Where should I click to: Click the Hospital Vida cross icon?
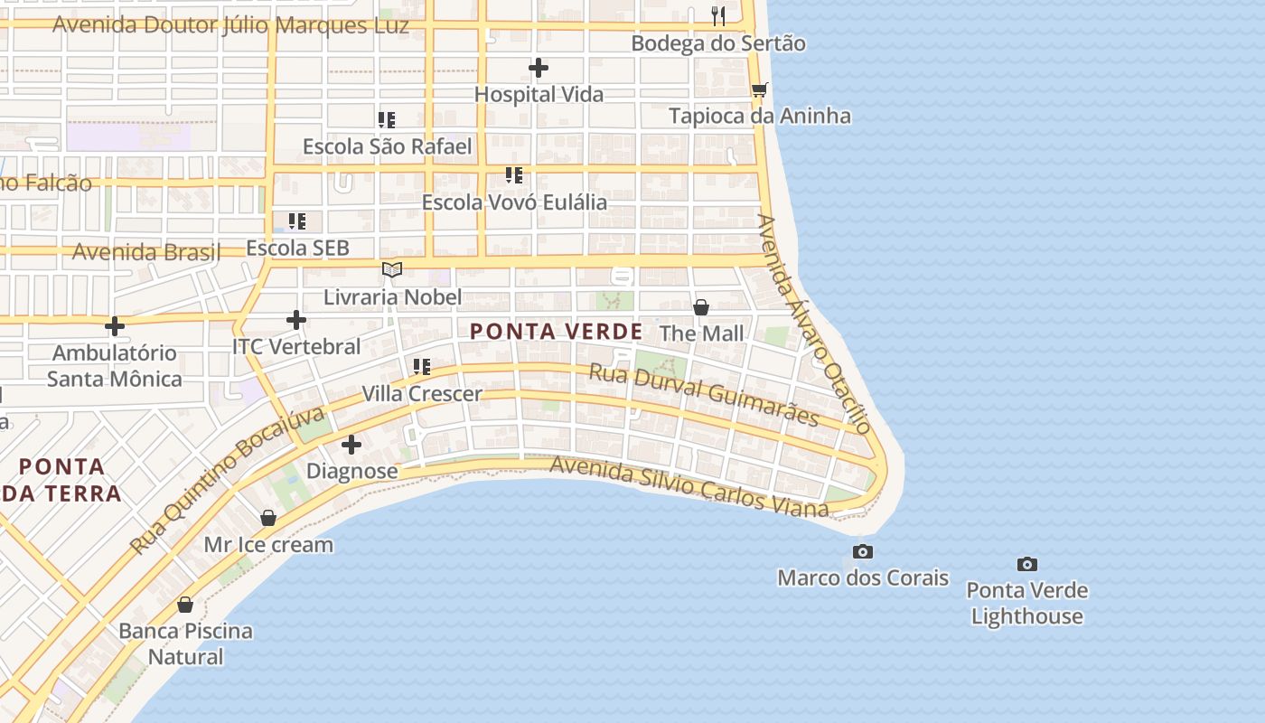[539, 68]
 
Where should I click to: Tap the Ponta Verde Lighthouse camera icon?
[1027, 565]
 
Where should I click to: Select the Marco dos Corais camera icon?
[863, 551]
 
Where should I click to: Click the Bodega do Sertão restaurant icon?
[718, 15]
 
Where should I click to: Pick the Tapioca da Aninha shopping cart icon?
[760, 89]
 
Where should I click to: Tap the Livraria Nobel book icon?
[392, 270]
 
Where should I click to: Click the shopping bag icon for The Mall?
[701, 307]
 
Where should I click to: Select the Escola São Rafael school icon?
[387, 119]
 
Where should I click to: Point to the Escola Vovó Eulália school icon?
[514, 175]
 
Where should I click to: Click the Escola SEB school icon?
[297, 221]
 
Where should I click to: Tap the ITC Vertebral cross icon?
[296, 320]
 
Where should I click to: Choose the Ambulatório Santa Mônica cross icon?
[115, 326]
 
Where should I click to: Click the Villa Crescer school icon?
[422, 367]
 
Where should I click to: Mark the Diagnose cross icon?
[351, 445]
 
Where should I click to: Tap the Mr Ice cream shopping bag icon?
[268, 518]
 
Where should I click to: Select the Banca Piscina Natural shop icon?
[185, 605]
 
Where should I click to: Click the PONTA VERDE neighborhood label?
[557, 332]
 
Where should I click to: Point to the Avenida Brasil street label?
[146, 252]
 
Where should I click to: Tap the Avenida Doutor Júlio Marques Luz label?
[230, 24]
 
